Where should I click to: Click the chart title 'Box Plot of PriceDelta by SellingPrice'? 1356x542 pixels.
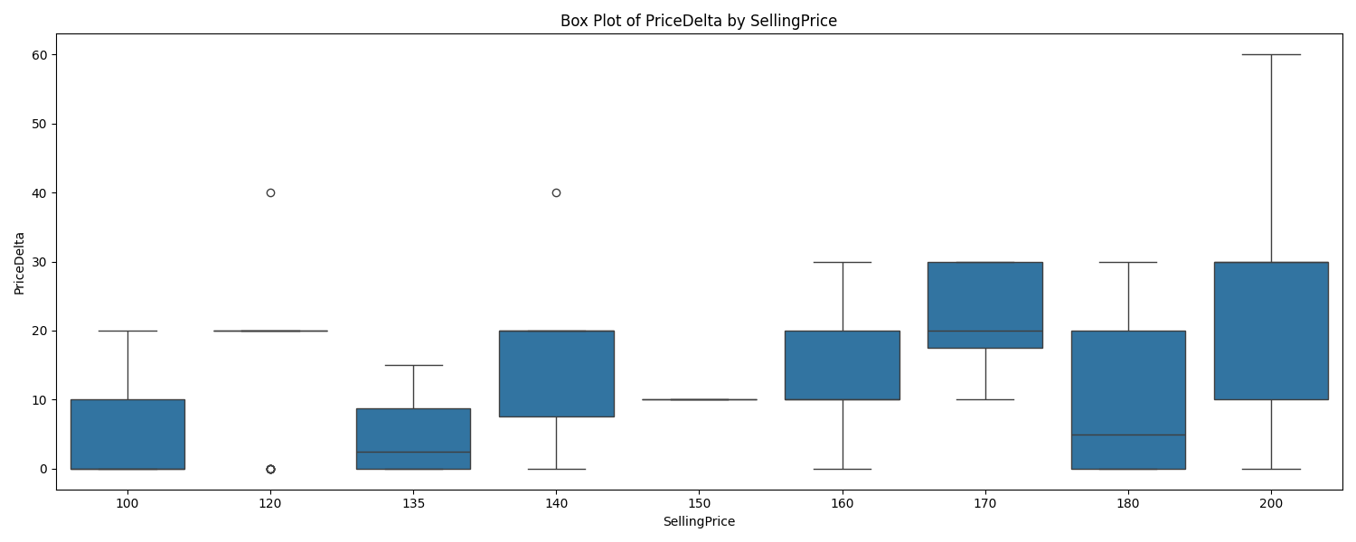(698, 21)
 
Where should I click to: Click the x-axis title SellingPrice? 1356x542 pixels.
(698, 522)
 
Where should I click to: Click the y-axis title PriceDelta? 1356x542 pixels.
(19, 262)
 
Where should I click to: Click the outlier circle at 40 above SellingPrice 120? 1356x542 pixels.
(270, 192)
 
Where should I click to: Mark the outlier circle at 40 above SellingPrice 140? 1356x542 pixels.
(556, 192)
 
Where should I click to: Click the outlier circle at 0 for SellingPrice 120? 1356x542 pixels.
(270, 469)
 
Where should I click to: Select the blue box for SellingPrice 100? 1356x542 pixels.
(127, 434)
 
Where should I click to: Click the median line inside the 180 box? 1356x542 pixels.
(1128, 435)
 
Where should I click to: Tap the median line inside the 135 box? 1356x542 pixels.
(413, 452)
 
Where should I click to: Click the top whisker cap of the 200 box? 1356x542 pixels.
(1271, 55)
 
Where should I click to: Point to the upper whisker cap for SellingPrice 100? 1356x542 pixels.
(127, 331)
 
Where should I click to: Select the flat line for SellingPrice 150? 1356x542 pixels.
(699, 399)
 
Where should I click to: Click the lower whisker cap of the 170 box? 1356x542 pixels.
(984, 399)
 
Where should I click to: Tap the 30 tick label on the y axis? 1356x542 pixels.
(40, 262)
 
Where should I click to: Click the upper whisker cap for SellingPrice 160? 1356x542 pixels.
(842, 262)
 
